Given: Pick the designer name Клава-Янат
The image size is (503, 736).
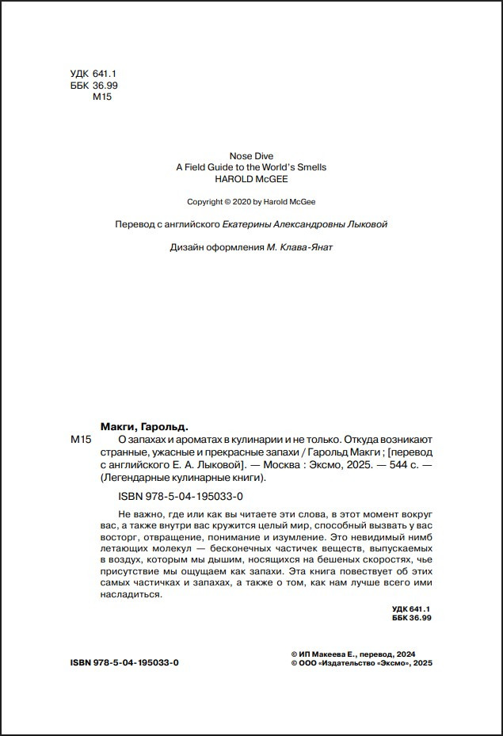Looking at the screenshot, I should point(305,247).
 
